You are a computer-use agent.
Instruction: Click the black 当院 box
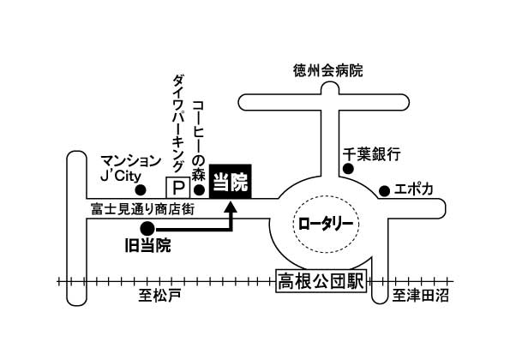click(x=230, y=181)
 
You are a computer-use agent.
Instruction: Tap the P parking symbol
click(x=177, y=188)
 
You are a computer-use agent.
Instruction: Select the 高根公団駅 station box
click(x=321, y=281)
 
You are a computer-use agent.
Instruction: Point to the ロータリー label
click(x=326, y=224)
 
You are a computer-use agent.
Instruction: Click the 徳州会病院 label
click(x=327, y=70)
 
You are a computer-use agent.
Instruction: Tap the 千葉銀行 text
click(x=371, y=154)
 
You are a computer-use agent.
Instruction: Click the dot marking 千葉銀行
click(x=348, y=169)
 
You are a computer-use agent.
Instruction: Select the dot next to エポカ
click(x=385, y=191)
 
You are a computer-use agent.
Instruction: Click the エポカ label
click(x=414, y=189)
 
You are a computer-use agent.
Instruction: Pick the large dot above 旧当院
click(x=147, y=229)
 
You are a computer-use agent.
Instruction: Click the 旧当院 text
click(x=148, y=245)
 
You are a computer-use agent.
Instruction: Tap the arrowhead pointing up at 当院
click(x=231, y=207)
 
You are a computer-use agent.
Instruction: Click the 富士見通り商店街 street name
click(x=143, y=209)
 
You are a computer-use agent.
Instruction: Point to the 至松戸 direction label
click(x=159, y=296)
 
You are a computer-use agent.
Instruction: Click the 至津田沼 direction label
click(x=420, y=296)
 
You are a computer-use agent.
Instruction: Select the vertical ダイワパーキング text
click(x=178, y=123)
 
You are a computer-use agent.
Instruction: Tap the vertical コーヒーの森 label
click(x=199, y=141)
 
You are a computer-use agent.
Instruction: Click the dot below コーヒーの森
click(x=199, y=190)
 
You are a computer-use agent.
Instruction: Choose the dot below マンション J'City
click(x=141, y=190)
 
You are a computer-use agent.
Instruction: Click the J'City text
click(x=121, y=176)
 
